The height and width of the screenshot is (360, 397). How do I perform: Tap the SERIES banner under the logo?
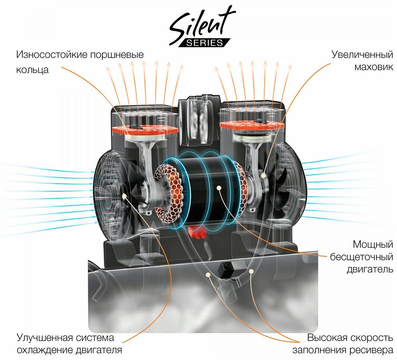pos(204,43)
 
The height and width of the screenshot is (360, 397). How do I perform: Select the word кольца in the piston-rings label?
pos(32,70)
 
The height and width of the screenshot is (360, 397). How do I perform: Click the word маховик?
pos(374,67)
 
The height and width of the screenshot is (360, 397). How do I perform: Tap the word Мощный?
pos(373,244)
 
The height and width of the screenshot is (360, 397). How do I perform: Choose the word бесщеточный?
pos(362,257)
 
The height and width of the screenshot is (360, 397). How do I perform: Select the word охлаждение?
pos(45,350)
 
